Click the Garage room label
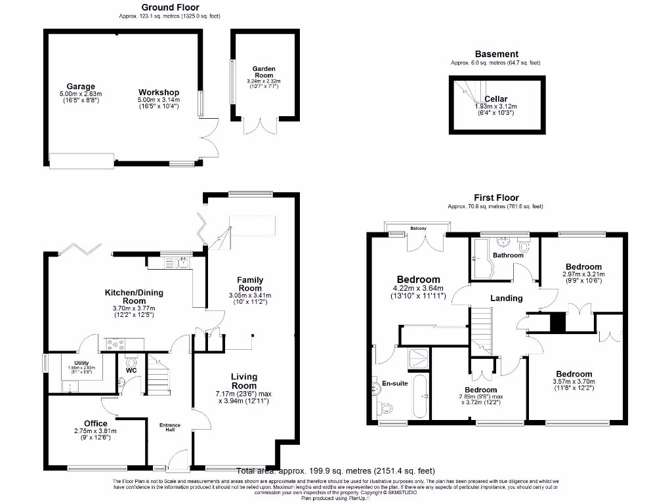(x=80, y=86)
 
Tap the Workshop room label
(x=158, y=92)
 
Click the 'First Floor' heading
(x=496, y=198)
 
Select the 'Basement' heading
(x=496, y=54)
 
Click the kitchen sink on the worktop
(x=182, y=263)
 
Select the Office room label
(x=95, y=423)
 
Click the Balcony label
(x=418, y=228)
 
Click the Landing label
(x=507, y=298)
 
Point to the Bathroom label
(x=508, y=255)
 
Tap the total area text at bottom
(x=335, y=471)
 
